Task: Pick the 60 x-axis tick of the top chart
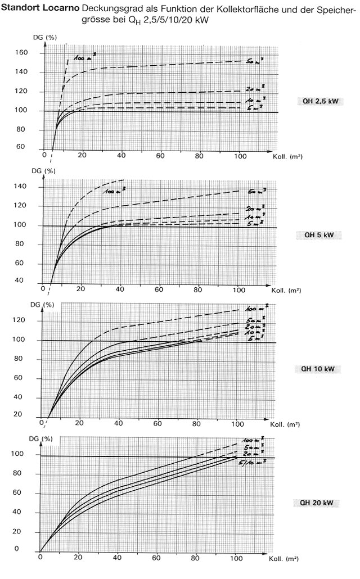(x=161, y=155)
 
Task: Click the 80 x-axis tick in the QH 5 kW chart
(x=197, y=289)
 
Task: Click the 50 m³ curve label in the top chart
(x=253, y=60)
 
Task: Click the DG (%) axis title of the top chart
(x=42, y=37)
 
